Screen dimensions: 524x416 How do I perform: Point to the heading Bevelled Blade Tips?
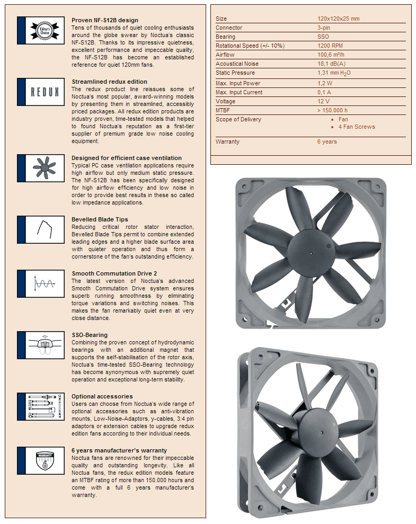(100, 219)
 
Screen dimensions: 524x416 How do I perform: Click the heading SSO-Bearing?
(90, 335)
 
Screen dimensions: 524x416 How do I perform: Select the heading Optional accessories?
(102, 396)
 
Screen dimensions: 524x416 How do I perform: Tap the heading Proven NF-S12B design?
(105, 20)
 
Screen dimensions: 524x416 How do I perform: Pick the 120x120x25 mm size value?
(338, 19)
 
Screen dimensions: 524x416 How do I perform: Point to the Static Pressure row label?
(235, 73)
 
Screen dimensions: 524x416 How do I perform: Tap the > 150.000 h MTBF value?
(332, 110)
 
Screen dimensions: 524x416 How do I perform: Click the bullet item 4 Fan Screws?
(356, 127)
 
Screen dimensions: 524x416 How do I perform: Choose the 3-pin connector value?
(325, 28)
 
